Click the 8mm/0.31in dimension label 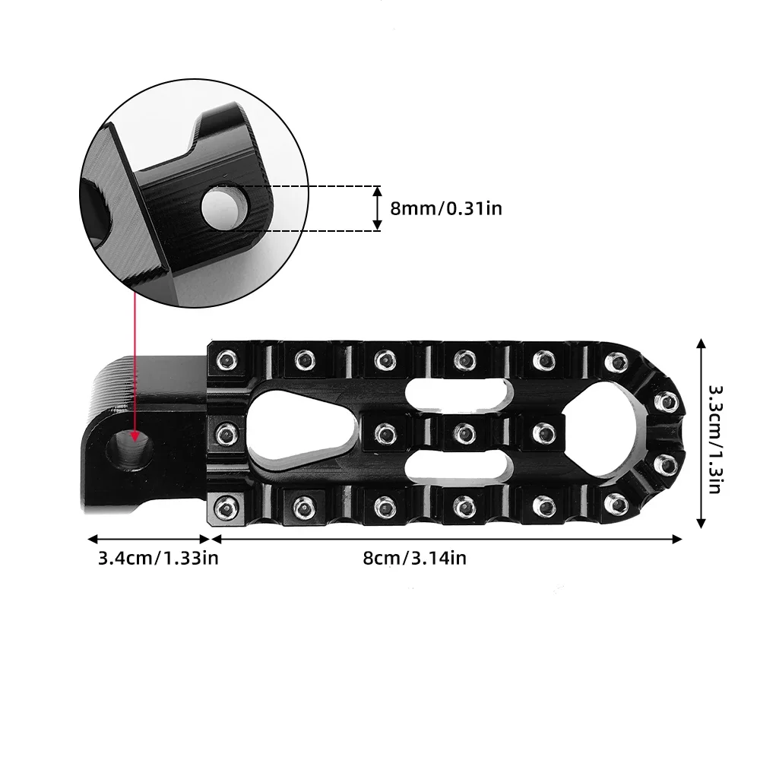(x=446, y=207)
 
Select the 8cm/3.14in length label (x=414, y=558)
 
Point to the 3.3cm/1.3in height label (x=716, y=439)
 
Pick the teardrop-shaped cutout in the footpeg (x=298, y=431)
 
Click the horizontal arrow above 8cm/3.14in (x=446, y=538)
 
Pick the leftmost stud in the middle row (x=226, y=432)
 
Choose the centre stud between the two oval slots (x=461, y=432)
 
